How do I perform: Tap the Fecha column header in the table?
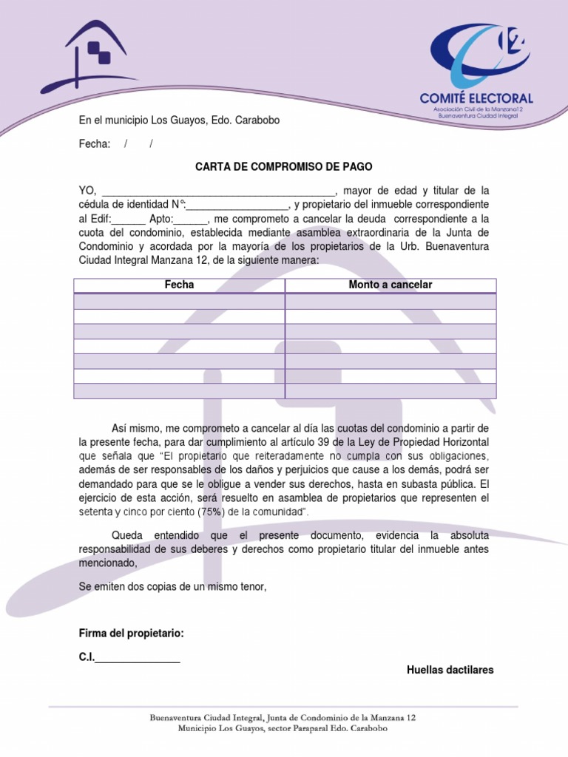(180, 285)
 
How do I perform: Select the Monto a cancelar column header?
(390, 285)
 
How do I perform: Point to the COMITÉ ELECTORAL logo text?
(476, 98)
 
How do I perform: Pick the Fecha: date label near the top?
(95, 143)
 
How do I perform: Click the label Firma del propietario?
(132, 634)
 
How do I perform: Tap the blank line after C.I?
(138, 658)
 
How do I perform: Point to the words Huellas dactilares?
(450, 670)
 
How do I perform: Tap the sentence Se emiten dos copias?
(172, 586)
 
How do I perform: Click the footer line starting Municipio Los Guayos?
(283, 728)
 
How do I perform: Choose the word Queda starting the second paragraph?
(127, 534)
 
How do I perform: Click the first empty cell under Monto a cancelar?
(390, 301)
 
